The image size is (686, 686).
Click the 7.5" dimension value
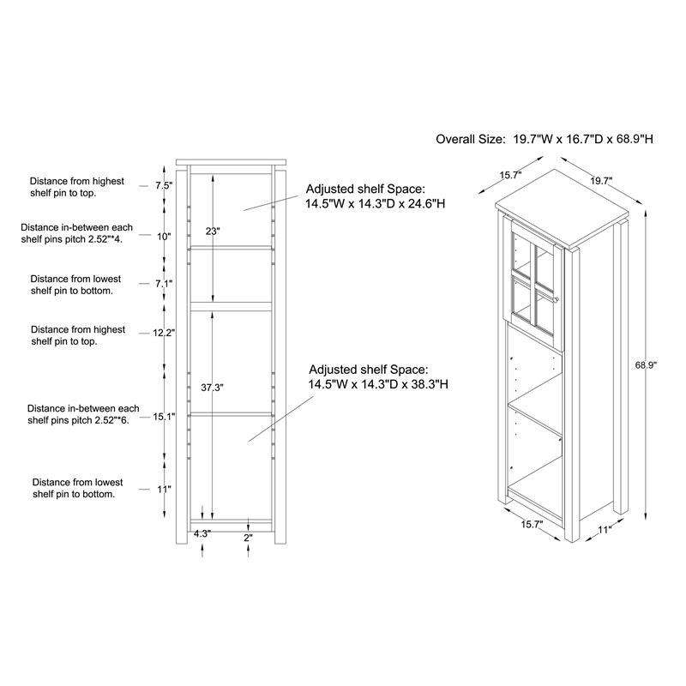(x=164, y=185)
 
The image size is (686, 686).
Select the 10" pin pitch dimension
(x=164, y=237)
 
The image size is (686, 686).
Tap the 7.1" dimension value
(x=164, y=284)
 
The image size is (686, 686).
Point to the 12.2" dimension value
(x=164, y=334)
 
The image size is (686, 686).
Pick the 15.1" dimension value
(x=164, y=417)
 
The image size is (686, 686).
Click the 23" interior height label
(x=213, y=231)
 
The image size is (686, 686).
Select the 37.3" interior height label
(x=212, y=388)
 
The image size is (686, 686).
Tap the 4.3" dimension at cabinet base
(x=202, y=533)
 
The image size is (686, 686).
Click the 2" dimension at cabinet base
(x=248, y=538)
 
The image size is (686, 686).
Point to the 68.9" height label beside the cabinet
(x=647, y=365)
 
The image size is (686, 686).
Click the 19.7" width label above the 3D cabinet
(x=601, y=181)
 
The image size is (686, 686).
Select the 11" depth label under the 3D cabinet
(x=605, y=530)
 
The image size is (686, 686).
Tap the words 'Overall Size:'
(x=470, y=139)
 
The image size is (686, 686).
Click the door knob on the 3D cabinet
(x=556, y=299)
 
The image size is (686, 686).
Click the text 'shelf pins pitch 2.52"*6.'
(x=78, y=420)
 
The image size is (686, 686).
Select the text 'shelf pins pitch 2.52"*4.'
(x=72, y=239)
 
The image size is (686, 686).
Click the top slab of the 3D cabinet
(x=562, y=208)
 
